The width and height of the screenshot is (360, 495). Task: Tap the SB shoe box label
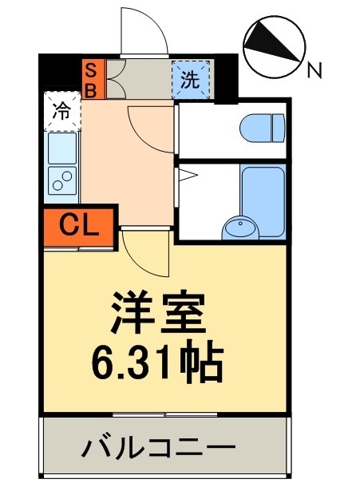pyautogui.click(x=90, y=77)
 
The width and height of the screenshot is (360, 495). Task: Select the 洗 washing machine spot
pyautogui.click(x=191, y=78)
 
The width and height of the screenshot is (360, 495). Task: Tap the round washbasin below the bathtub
pyautogui.click(x=241, y=228)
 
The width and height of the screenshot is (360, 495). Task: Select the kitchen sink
pyautogui.click(x=62, y=147)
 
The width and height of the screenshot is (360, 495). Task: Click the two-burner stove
pyautogui.click(x=62, y=181)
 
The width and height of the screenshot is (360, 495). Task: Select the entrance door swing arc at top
pyautogui.click(x=144, y=34)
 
